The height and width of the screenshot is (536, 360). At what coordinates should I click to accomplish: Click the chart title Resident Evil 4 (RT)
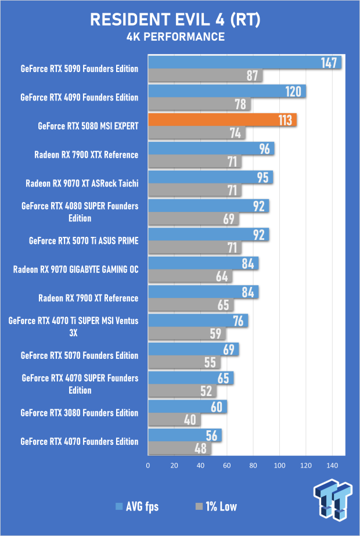(175, 20)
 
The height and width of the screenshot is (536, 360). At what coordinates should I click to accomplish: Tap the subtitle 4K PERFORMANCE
(175, 37)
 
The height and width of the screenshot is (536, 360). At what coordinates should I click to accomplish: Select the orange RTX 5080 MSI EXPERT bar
(222, 120)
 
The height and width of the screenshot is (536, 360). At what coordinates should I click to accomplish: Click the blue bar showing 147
(245, 63)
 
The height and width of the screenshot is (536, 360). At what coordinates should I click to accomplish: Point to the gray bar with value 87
(206, 75)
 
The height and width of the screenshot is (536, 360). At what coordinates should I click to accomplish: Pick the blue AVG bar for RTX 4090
(227, 91)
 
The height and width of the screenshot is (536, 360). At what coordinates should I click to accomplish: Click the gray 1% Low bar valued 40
(174, 420)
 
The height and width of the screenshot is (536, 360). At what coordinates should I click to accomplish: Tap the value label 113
(285, 120)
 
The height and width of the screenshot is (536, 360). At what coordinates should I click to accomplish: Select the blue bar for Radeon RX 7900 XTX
(211, 149)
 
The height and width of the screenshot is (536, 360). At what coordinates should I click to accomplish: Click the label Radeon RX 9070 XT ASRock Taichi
(82, 184)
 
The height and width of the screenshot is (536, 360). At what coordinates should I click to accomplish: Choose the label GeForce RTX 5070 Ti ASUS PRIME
(84, 241)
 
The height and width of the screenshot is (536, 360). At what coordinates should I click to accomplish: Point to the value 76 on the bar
(238, 321)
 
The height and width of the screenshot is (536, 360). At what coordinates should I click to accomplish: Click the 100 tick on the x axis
(279, 465)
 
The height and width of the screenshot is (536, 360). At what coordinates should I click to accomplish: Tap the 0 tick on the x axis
(148, 465)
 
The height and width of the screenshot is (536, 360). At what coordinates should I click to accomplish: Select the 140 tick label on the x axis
(332, 465)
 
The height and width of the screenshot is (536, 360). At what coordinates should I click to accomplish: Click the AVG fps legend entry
(138, 506)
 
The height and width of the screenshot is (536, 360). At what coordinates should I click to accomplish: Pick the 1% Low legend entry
(216, 506)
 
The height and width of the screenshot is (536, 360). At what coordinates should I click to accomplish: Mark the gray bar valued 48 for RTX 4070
(180, 448)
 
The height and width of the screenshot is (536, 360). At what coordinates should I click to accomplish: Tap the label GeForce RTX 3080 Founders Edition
(80, 413)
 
